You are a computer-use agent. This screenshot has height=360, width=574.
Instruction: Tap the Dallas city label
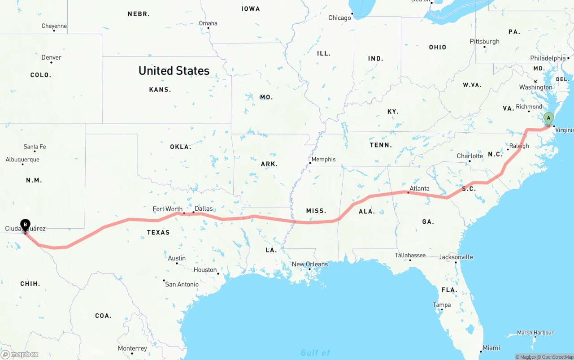pos(204,208)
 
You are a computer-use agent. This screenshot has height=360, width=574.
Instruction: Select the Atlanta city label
pos(419,188)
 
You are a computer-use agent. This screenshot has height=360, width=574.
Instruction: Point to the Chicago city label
pos(339,18)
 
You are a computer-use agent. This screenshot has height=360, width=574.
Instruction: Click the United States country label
pos(174,71)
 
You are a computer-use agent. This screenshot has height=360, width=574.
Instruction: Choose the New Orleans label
pos(310,264)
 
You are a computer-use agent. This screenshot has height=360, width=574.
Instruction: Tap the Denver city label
pos(51,57)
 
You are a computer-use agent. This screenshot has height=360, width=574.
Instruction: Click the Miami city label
pos(491,348)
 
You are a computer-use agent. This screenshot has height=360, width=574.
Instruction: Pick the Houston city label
pos(205,269)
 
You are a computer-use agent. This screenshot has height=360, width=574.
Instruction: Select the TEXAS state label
pos(158,232)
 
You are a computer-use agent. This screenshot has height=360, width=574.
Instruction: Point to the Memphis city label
pos(323,159)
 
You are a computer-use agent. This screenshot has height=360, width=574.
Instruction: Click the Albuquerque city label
pos(22,160)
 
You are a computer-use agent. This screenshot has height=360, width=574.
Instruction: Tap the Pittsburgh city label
pos(484,41)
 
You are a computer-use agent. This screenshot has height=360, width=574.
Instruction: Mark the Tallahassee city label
pos(410,255)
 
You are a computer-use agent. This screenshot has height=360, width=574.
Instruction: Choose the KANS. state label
pos(160,90)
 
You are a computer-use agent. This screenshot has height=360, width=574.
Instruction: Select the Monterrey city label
pos(132,348)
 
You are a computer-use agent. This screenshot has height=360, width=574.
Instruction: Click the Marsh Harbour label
pos(535,333)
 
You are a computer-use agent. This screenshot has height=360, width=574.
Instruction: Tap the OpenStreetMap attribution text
pos(556,357)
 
